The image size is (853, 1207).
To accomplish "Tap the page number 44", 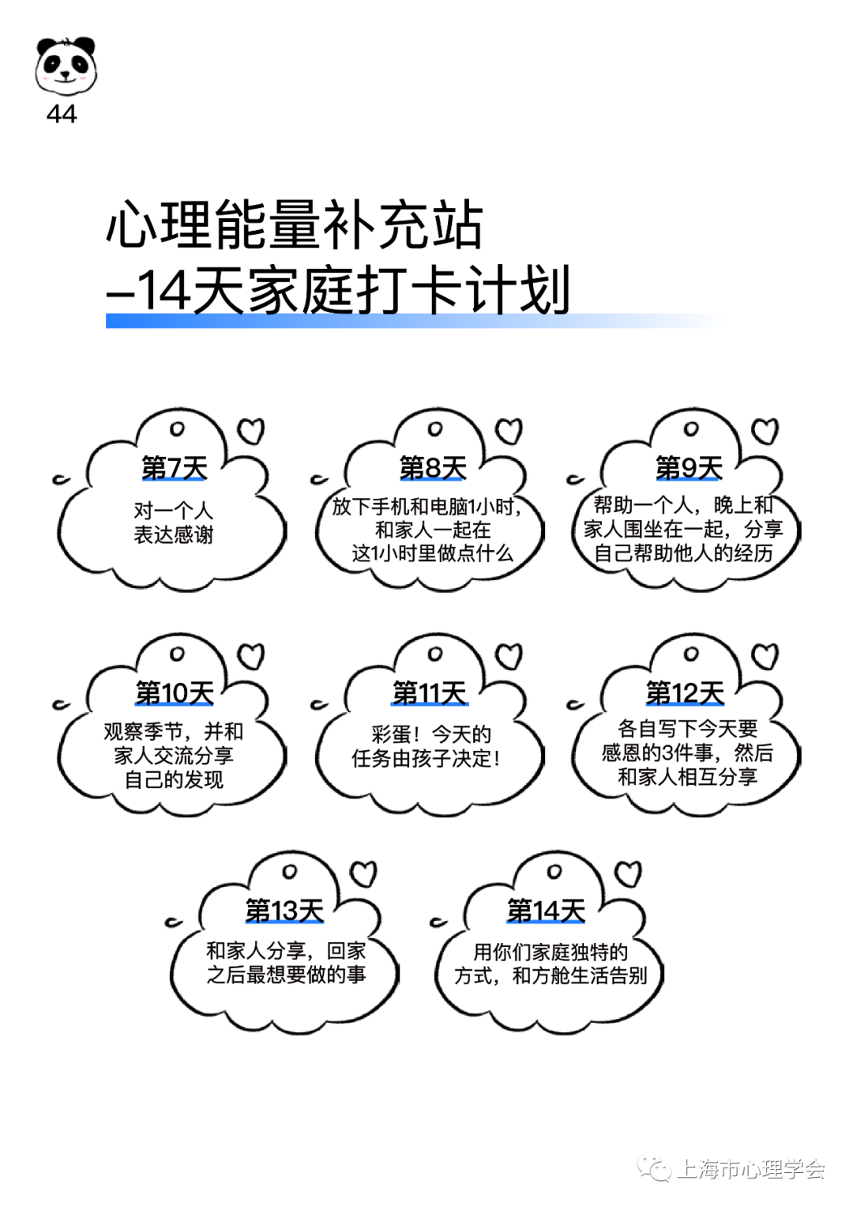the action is [62, 115].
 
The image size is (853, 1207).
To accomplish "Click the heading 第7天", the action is [174, 468].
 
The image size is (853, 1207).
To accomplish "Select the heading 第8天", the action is [433, 468].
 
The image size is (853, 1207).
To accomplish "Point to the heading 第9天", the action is [689, 468].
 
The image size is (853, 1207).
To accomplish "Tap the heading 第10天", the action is [174, 693].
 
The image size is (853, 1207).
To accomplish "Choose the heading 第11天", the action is [430, 693].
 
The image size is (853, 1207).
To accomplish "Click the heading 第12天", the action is [685, 693].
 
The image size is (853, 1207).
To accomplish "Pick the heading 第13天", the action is [284, 911].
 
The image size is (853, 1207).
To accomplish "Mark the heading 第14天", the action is [546, 911].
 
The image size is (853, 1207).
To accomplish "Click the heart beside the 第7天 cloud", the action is [251, 431].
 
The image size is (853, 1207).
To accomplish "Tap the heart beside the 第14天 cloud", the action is [629, 874].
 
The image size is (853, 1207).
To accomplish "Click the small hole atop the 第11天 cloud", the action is [434, 654].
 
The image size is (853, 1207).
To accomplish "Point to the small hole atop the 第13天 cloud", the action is [289, 872].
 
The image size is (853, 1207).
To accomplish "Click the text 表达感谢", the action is [174, 535].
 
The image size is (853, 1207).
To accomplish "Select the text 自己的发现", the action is [174, 779].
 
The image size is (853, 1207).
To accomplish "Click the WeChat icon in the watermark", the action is [654, 1167].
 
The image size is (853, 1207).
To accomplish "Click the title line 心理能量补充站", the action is [295, 224].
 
